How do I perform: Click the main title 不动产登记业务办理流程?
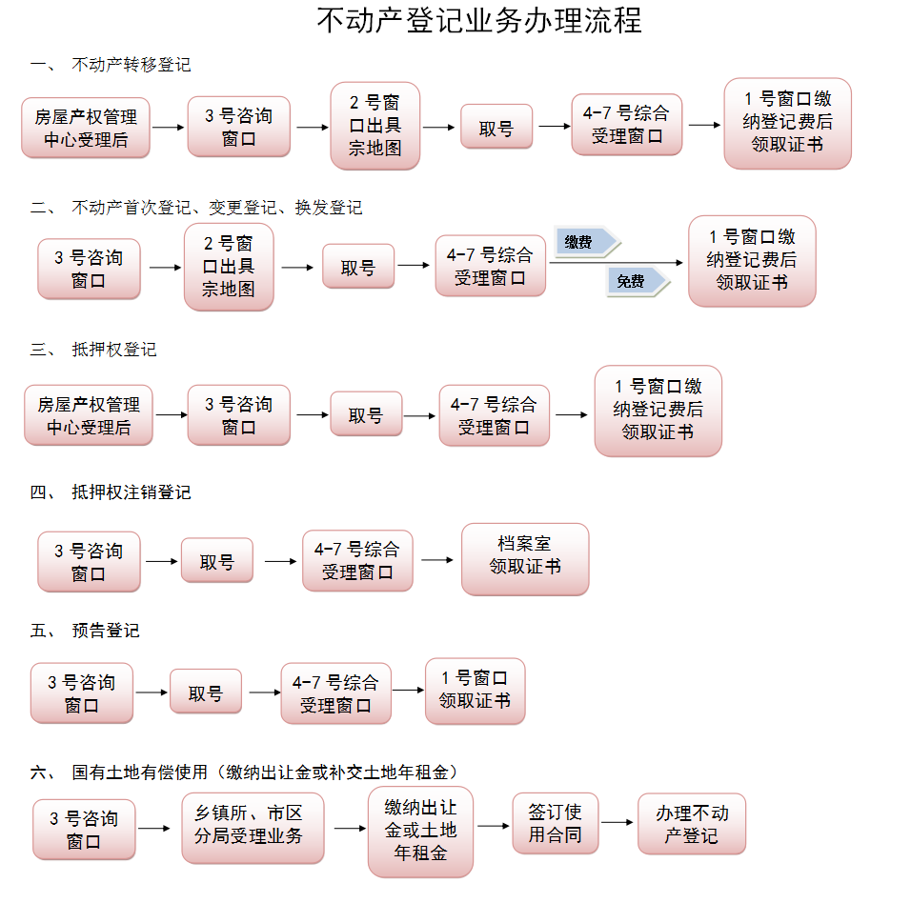pos(478,21)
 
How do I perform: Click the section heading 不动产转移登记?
pos(131,65)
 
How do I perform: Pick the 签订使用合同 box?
pos(555,824)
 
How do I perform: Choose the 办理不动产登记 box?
pos(692,824)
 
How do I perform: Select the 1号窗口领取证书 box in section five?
pos(475,691)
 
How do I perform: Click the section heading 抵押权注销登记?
pos(131,492)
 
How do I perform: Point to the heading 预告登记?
pos(105,631)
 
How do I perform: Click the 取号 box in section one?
pos(496,127)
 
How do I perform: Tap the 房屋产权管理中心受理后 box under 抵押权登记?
pos(89,415)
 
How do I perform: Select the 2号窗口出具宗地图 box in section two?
pos(229,268)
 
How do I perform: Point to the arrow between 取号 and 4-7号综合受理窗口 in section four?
pos(280,561)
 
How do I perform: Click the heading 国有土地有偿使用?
pos(139,772)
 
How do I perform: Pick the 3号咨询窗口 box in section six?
pos(84,830)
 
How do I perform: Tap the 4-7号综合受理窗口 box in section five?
pos(335,693)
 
